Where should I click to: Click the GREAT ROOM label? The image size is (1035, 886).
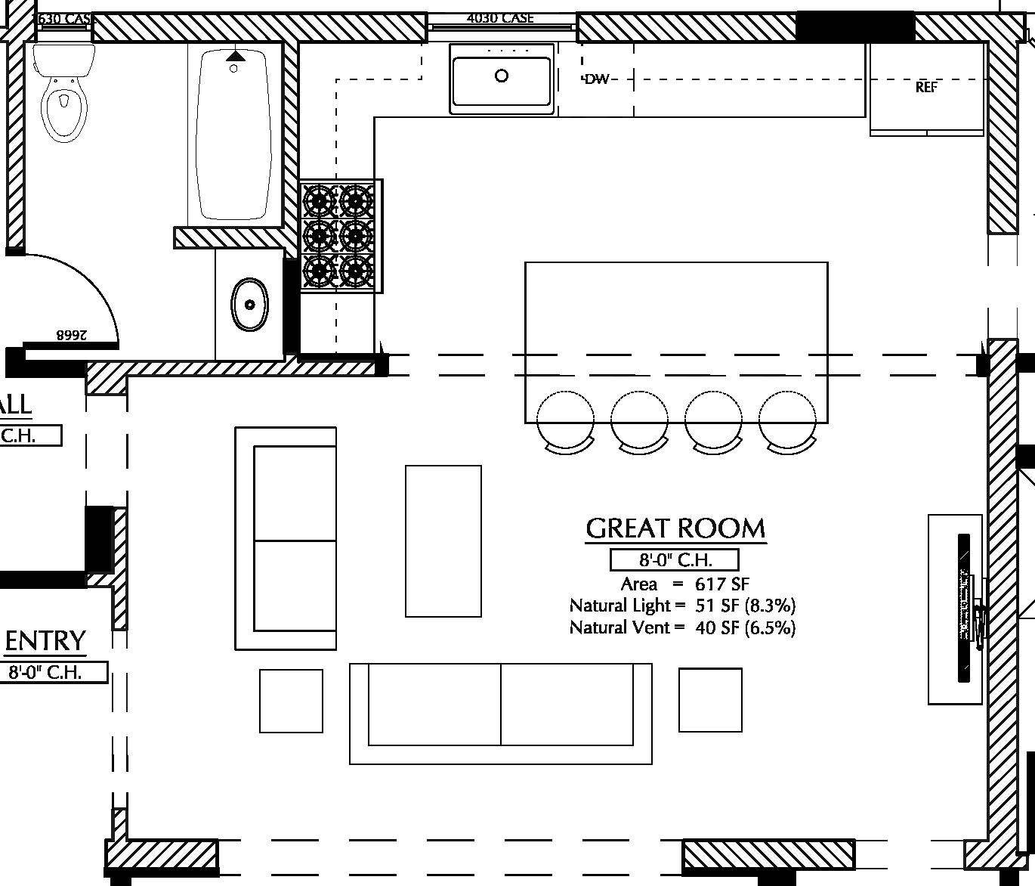click(x=675, y=528)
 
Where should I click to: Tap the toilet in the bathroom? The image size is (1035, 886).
click(x=63, y=94)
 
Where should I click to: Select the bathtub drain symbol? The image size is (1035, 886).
click(x=233, y=68)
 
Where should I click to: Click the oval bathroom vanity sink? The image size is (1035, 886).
click(x=249, y=305)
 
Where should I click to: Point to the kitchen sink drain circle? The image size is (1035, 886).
click(x=502, y=76)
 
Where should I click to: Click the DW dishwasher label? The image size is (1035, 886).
click(x=597, y=79)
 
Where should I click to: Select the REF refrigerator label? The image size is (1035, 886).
click(x=926, y=87)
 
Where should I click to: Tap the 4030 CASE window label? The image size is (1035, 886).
click(x=500, y=17)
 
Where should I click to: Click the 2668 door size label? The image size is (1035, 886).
click(x=70, y=334)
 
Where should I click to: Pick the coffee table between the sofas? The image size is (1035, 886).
click(x=443, y=541)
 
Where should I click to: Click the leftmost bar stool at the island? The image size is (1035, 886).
click(x=565, y=420)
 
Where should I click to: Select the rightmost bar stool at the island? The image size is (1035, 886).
click(x=788, y=420)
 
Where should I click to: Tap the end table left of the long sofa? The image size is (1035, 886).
click(x=291, y=701)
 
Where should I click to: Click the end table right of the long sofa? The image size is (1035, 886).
click(x=710, y=700)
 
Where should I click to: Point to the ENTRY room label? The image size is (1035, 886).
click(x=45, y=641)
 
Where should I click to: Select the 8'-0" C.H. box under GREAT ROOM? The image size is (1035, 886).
click(x=674, y=560)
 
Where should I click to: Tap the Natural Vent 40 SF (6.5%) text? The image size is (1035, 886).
click(x=682, y=627)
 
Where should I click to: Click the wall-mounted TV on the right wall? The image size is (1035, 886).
click(x=964, y=609)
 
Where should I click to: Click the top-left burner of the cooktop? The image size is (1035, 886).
click(x=319, y=200)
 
